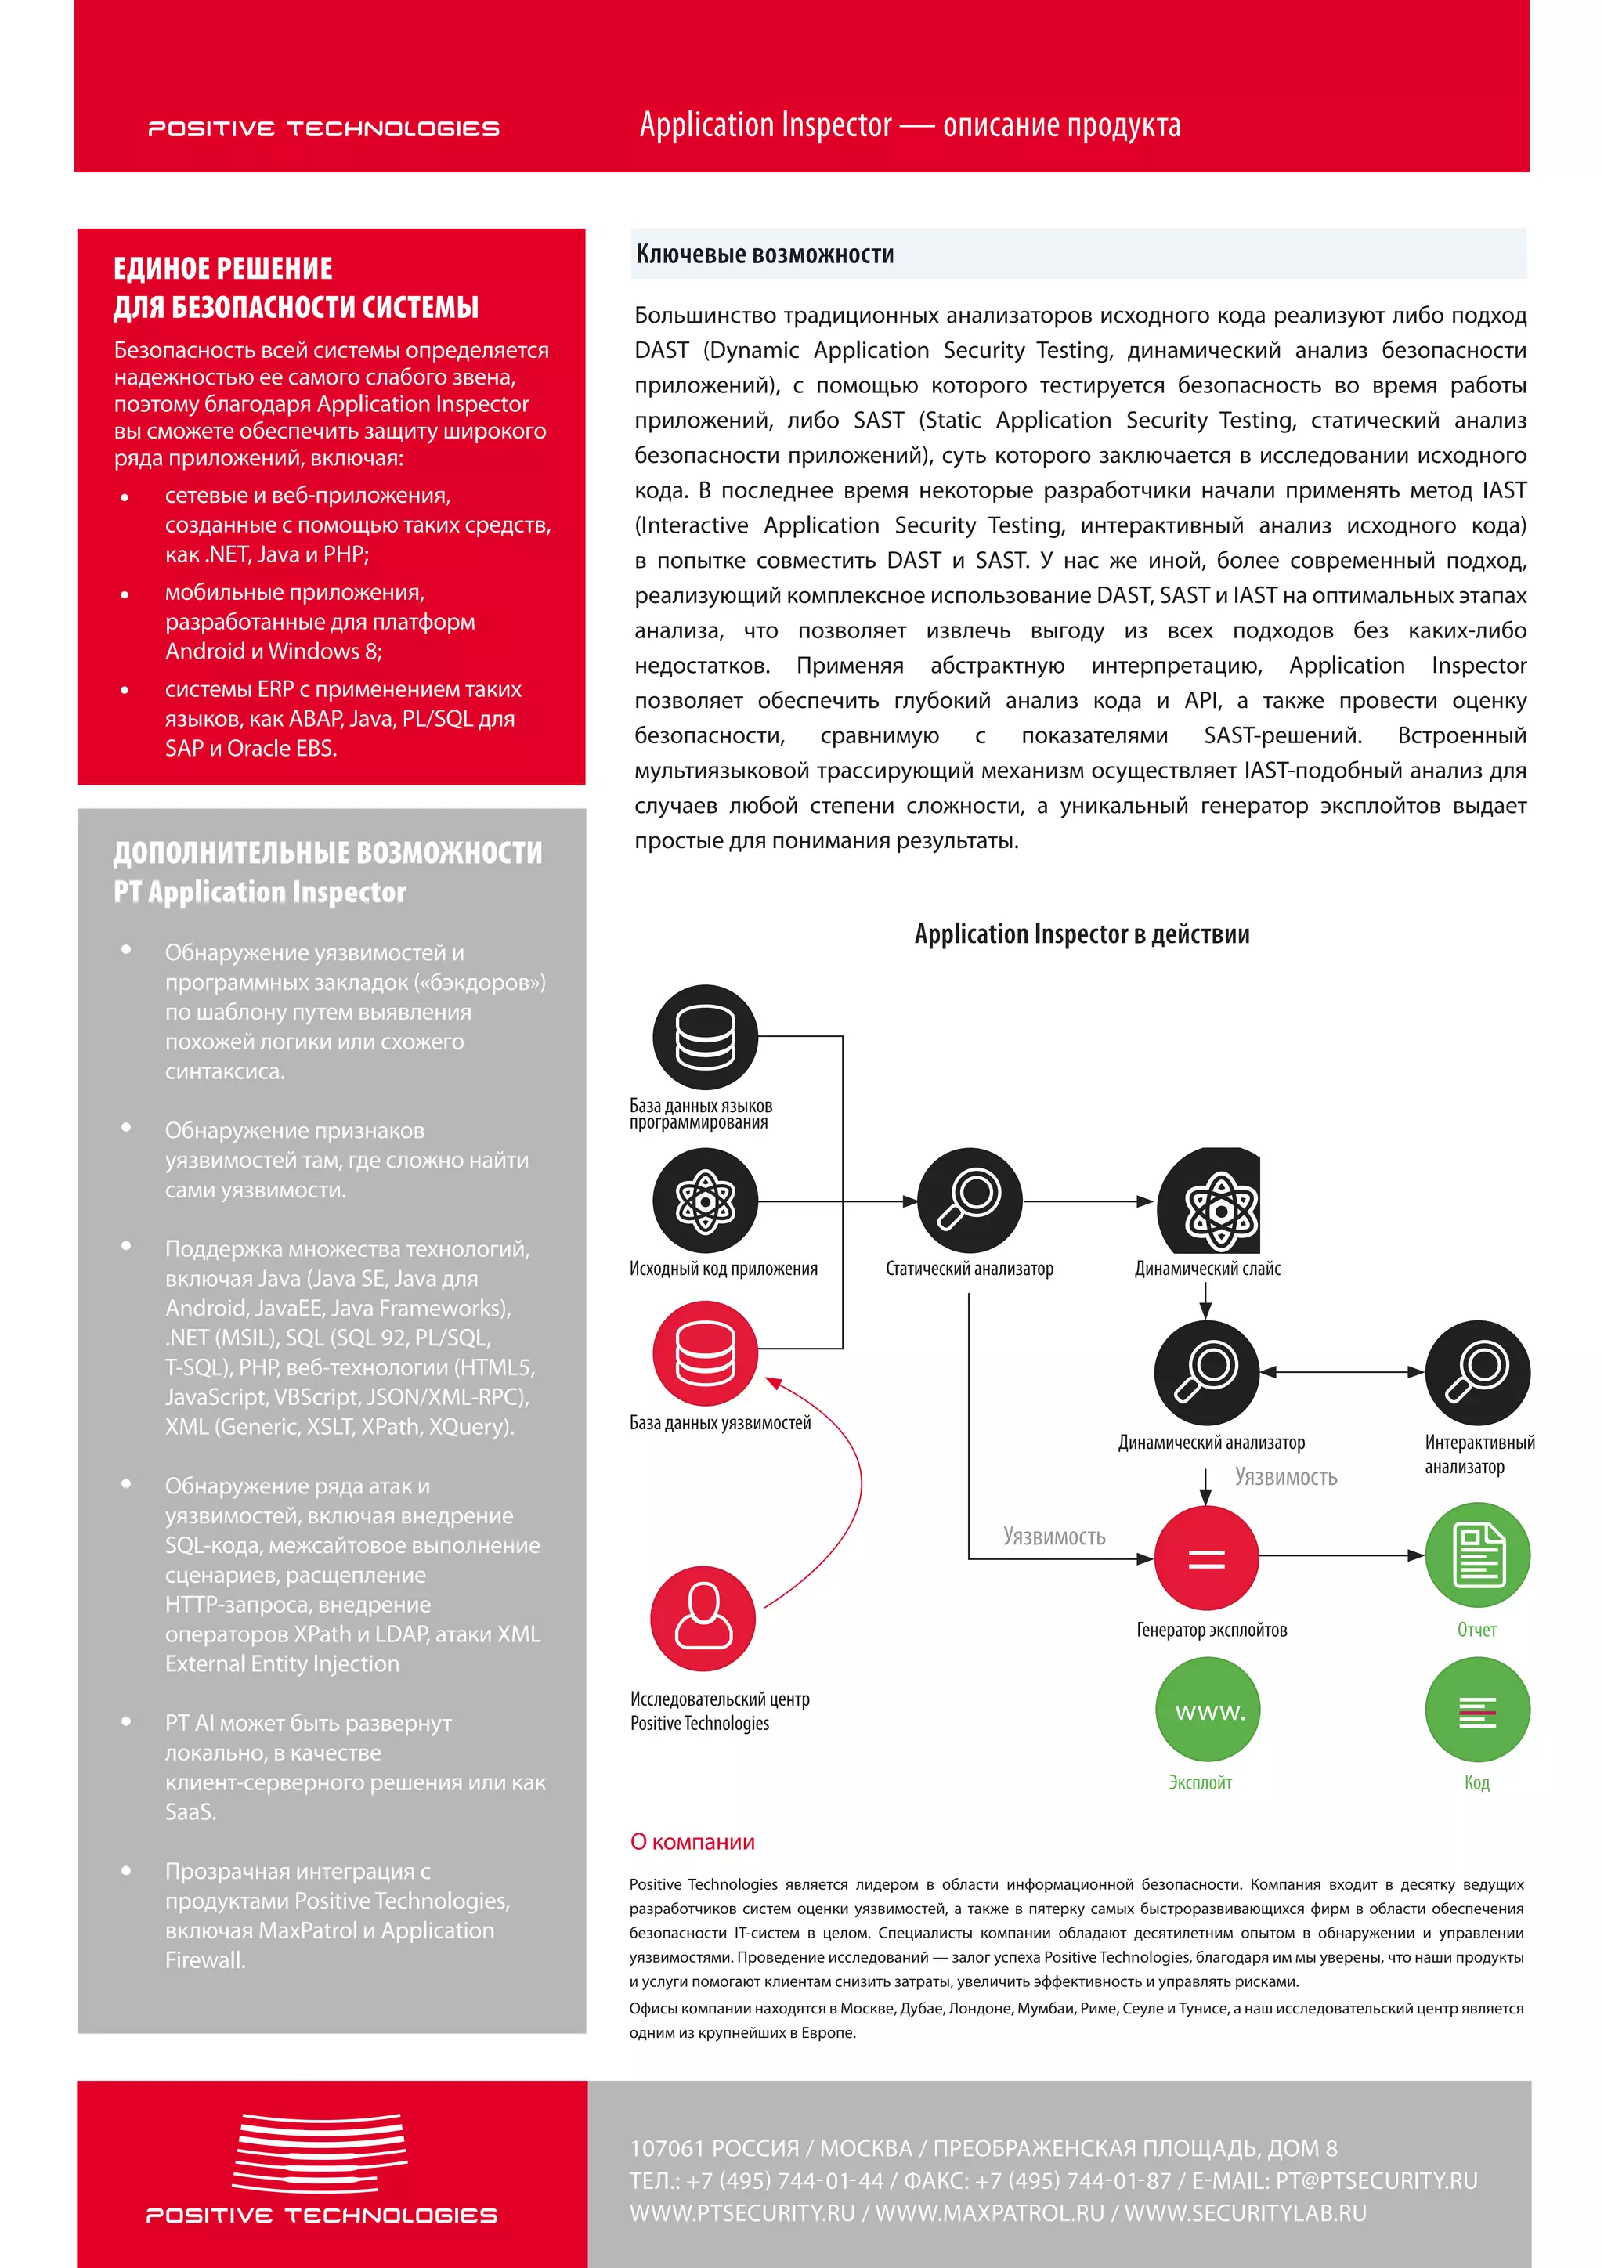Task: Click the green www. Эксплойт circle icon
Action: point(1207,1709)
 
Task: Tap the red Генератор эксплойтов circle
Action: point(1206,1558)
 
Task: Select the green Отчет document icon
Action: point(1476,1555)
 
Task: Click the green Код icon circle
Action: point(1476,1709)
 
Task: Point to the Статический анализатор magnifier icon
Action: point(969,1201)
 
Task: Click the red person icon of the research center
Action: point(703,1618)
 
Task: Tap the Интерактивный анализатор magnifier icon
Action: point(1476,1372)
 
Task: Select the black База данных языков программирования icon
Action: point(704,1036)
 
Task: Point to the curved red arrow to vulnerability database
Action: point(844,1482)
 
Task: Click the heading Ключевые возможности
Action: point(764,254)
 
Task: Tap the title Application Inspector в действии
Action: point(1082,934)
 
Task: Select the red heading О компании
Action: point(692,1841)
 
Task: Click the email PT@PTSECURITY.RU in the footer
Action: point(1376,2180)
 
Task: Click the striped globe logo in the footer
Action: point(320,2154)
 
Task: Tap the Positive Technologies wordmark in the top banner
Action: point(323,128)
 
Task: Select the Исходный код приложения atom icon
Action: point(704,1201)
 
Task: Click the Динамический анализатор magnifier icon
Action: point(1206,1372)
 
